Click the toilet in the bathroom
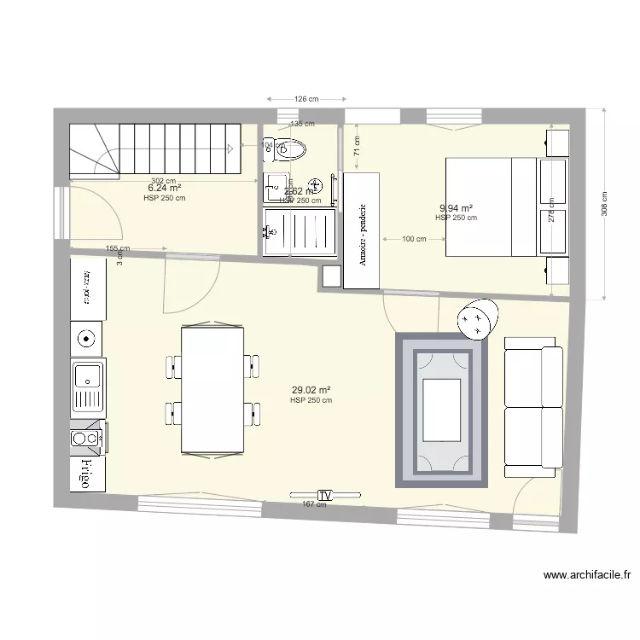tap(289, 151)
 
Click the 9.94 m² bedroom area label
tap(456, 207)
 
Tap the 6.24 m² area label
tap(165, 188)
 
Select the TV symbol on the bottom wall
tap(324, 495)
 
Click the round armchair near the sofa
tap(476, 319)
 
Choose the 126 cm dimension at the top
tap(305, 99)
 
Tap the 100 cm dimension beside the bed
tap(414, 239)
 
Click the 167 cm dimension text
tap(314, 504)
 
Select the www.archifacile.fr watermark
tap(586, 576)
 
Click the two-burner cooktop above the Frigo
tap(86, 438)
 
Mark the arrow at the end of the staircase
tap(230, 148)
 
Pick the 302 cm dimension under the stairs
tap(164, 180)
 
